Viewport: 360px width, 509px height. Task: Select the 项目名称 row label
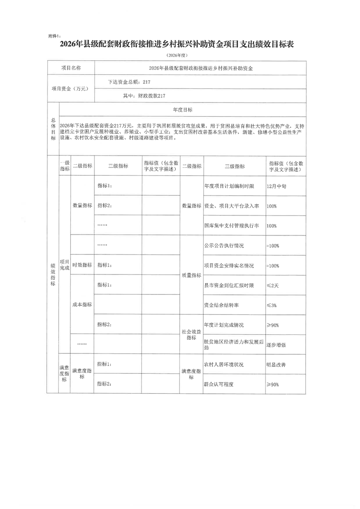pyautogui.click(x=71, y=68)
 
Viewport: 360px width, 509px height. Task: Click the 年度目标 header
pyautogui.click(x=182, y=110)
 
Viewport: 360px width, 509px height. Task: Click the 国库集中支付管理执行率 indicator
pyautogui.click(x=232, y=225)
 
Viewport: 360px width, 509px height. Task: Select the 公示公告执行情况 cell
pyautogui.click(x=224, y=245)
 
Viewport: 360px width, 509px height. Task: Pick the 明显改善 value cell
pyautogui.click(x=276, y=364)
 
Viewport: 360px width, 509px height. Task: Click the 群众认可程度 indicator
pyautogui.click(x=222, y=384)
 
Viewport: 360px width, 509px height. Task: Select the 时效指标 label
pyautogui.click(x=82, y=265)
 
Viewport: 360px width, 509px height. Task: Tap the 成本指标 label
pyautogui.click(x=82, y=304)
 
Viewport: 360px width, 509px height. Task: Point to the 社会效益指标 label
pyautogui.click(x=191, y=334)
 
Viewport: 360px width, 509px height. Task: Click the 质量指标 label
pyautogui.click(x=191, y=275)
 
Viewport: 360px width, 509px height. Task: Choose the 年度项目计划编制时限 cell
pyautogui.click(x=229, y=186)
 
